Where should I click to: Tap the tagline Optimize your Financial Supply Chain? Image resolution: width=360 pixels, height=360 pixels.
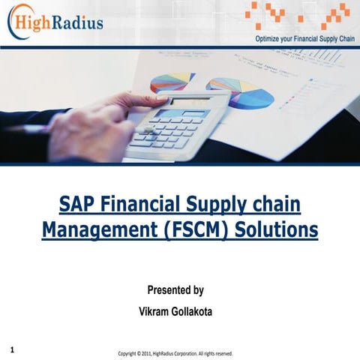(x=303, y=37)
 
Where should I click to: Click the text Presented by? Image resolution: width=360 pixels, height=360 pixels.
(x=179, y=290)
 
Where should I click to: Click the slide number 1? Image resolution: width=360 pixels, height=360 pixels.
(x=14, y=349)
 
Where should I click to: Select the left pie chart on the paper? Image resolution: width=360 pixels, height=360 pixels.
(x=172, y=82)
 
